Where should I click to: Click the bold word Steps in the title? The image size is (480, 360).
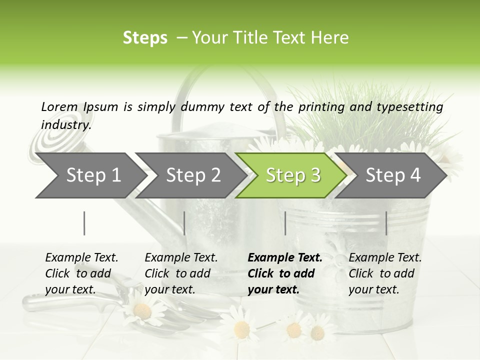click(x=145, y=37)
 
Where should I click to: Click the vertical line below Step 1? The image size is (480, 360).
click(x=84, y=223)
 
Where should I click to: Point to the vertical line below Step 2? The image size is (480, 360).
click(x=184, y=223)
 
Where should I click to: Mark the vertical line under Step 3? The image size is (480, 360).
click(x=285, y=223)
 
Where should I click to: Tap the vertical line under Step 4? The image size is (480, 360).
click(x=386, y=223)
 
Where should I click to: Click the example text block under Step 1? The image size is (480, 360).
click(x=81, y=273)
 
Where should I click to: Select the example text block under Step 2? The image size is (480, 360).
click(x=181, y=273)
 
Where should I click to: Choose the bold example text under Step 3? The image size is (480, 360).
click(x=285, y=273)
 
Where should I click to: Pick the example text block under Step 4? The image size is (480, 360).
click(x=385, y=273)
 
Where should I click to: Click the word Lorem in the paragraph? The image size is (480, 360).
click(x=59, y=106)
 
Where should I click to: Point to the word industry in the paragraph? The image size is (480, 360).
click(x=66, y=124)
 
